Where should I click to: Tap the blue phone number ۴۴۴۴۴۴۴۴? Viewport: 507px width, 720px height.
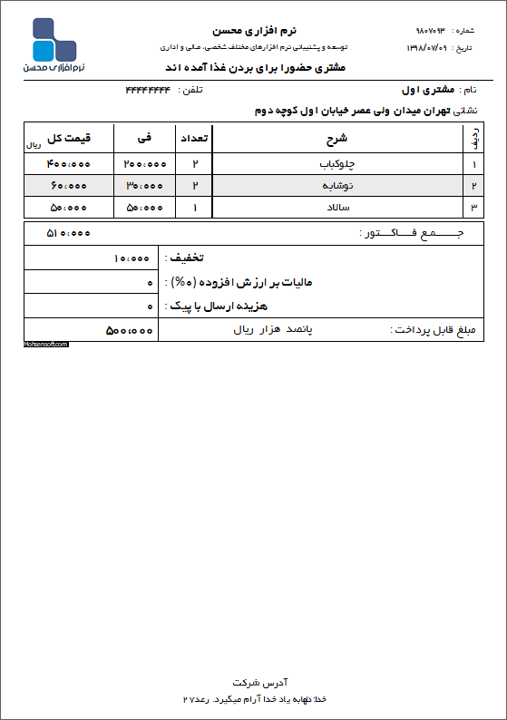point(148,90)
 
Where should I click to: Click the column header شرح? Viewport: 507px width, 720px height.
point(336,140)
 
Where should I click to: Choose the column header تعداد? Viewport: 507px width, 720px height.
point(196,140)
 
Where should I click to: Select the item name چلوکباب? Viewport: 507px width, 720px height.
point(337,164)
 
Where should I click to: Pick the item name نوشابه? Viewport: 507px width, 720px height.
point(337,186)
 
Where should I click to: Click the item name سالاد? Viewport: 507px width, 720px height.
point(337,208)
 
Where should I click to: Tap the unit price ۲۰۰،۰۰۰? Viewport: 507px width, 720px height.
point(145,164)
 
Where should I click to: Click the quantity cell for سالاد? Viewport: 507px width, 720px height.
point(196,208)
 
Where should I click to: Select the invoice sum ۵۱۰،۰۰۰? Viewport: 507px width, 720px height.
point(69,233)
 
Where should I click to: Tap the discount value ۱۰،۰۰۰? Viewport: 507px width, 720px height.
point(132,258)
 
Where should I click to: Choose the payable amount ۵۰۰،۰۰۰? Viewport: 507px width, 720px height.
point(130,330)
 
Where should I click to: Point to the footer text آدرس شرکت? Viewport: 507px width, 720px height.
point(254,681)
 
